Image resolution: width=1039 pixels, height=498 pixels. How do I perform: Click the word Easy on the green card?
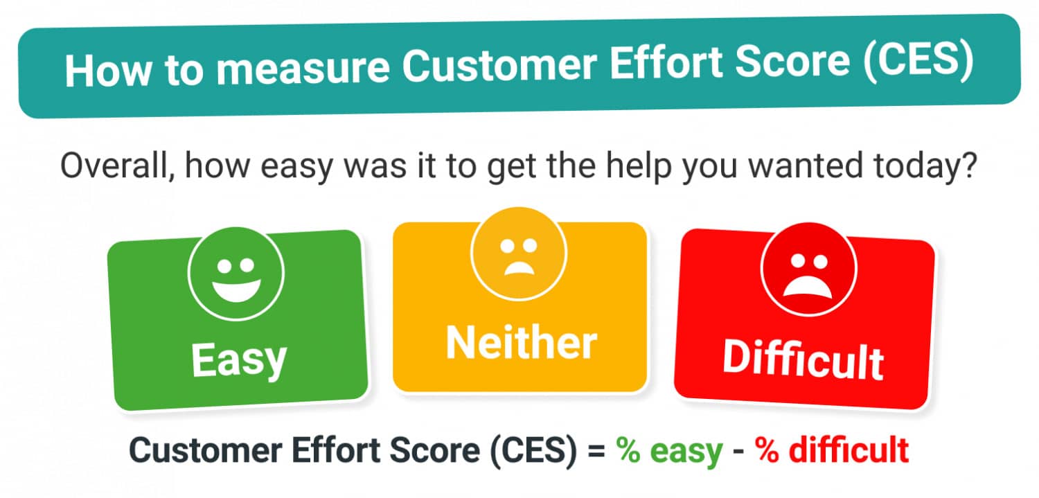pos(238,359)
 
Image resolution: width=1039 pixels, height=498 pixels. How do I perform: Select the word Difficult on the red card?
pos(803,359)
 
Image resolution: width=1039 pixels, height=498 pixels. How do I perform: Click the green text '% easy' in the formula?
pos(671,452)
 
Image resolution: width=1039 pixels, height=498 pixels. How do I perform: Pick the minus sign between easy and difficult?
pos(739,452)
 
